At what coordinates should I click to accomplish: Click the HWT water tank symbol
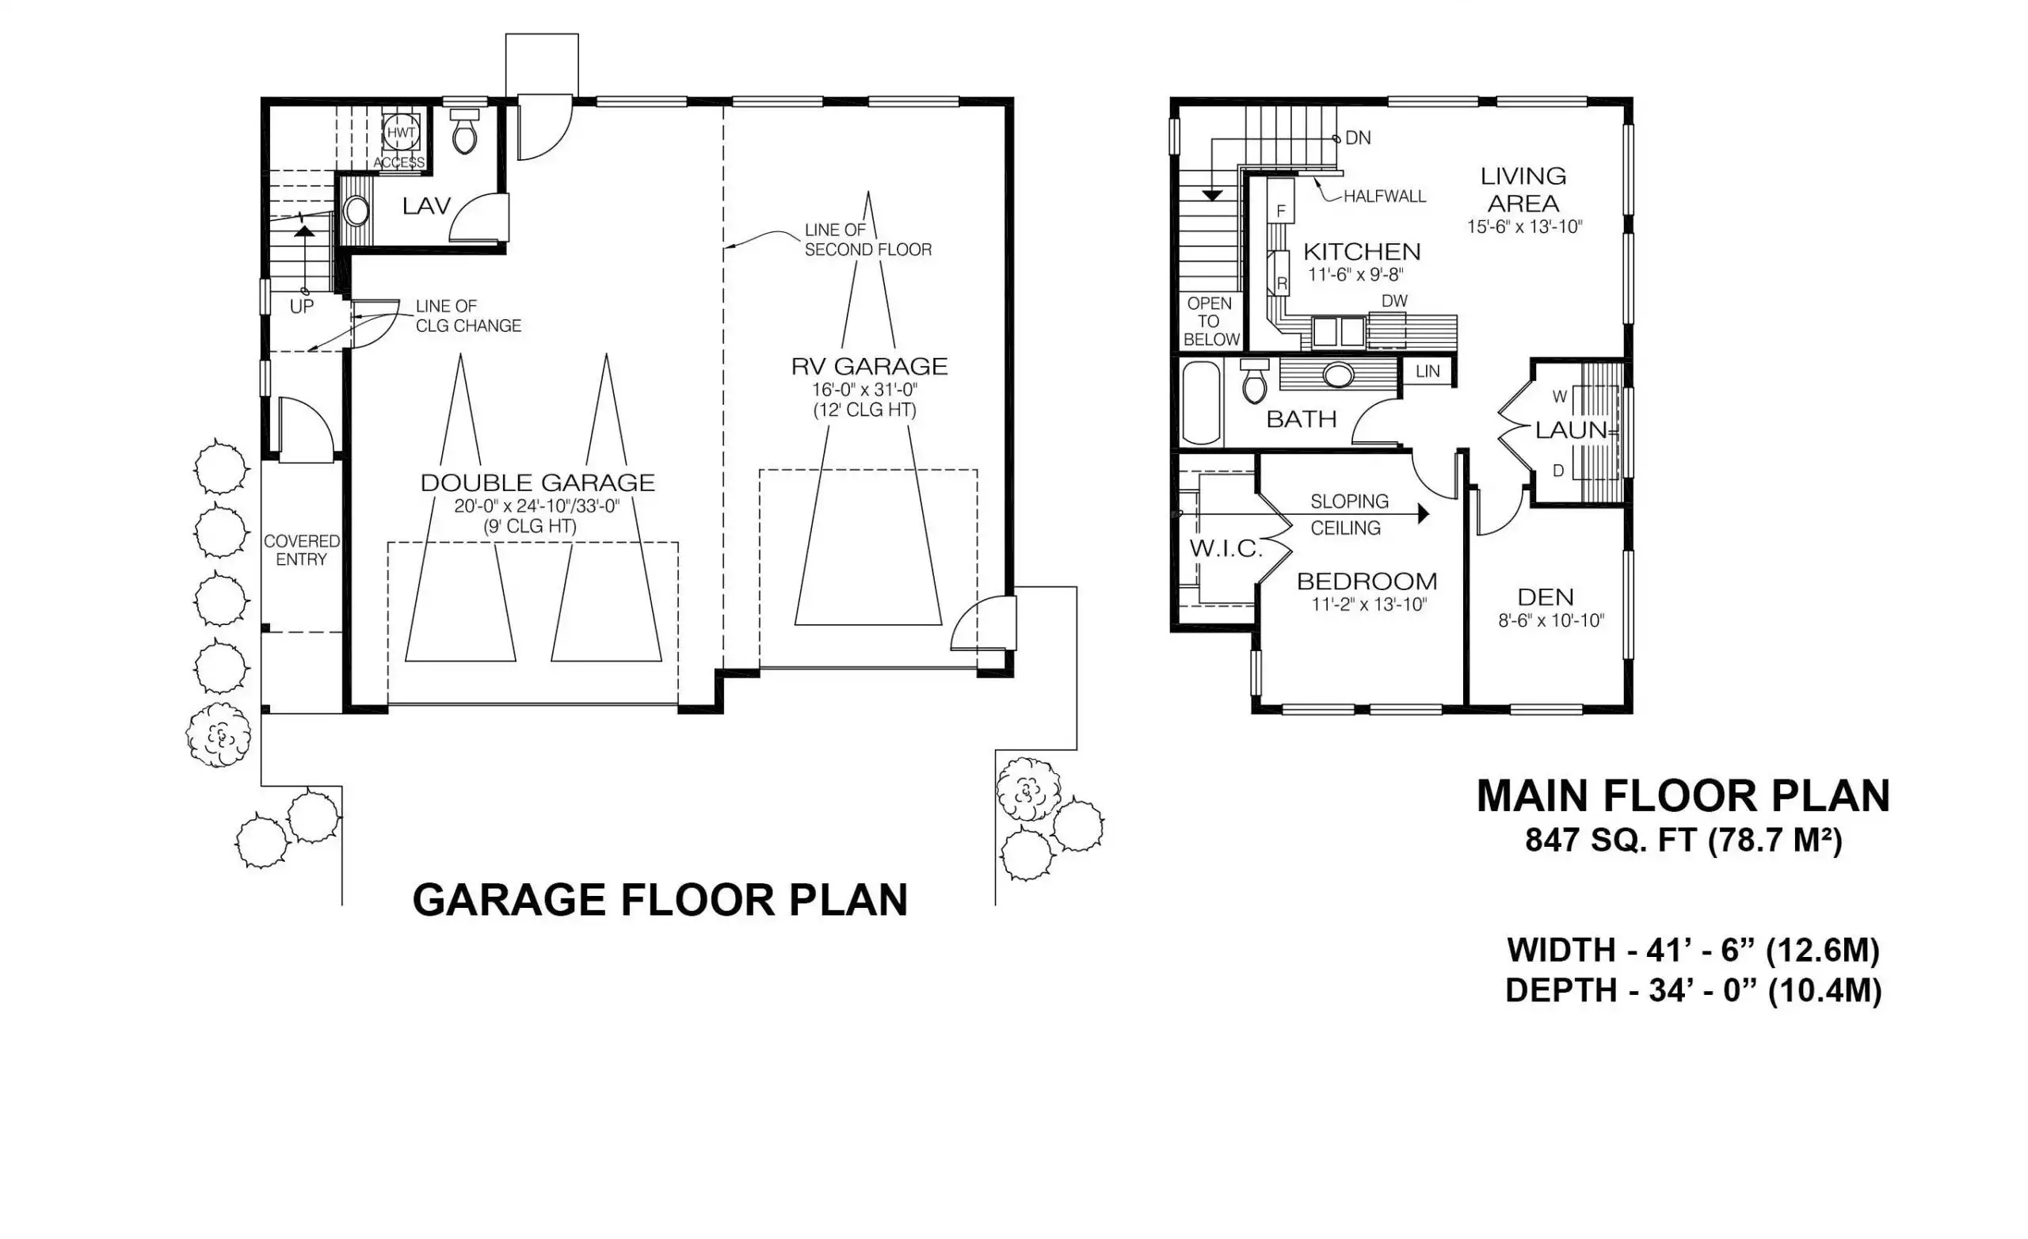tap(402, 132)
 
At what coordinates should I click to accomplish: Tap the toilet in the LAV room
tap(465, 132)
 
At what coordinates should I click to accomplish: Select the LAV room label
tap(426, 206)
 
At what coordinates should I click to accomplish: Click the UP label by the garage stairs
tap(301, 307)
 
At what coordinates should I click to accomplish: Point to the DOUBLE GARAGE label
tap(537, 482)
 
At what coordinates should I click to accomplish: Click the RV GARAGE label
tap(869, 366)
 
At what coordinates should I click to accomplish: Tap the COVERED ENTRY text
tap(301, 550)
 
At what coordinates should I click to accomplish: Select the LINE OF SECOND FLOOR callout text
tap(867, 239)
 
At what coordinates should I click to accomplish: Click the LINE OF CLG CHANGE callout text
tap(468, 316)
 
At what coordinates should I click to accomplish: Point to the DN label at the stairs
tap(1357, 139)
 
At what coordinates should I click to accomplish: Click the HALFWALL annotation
tap(1385, 196)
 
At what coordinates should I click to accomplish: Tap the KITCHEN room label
tap(1361, 251)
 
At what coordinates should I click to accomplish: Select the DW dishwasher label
tap(1394, 301)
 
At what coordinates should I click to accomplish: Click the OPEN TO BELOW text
tap(1210, 321)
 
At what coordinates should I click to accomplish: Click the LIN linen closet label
tap(1428, 372)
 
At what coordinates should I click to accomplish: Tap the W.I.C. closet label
tap(1226, 549)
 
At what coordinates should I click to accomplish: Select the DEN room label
tap(1546, 597)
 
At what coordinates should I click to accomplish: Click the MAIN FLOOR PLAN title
tap(1683, 796)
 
